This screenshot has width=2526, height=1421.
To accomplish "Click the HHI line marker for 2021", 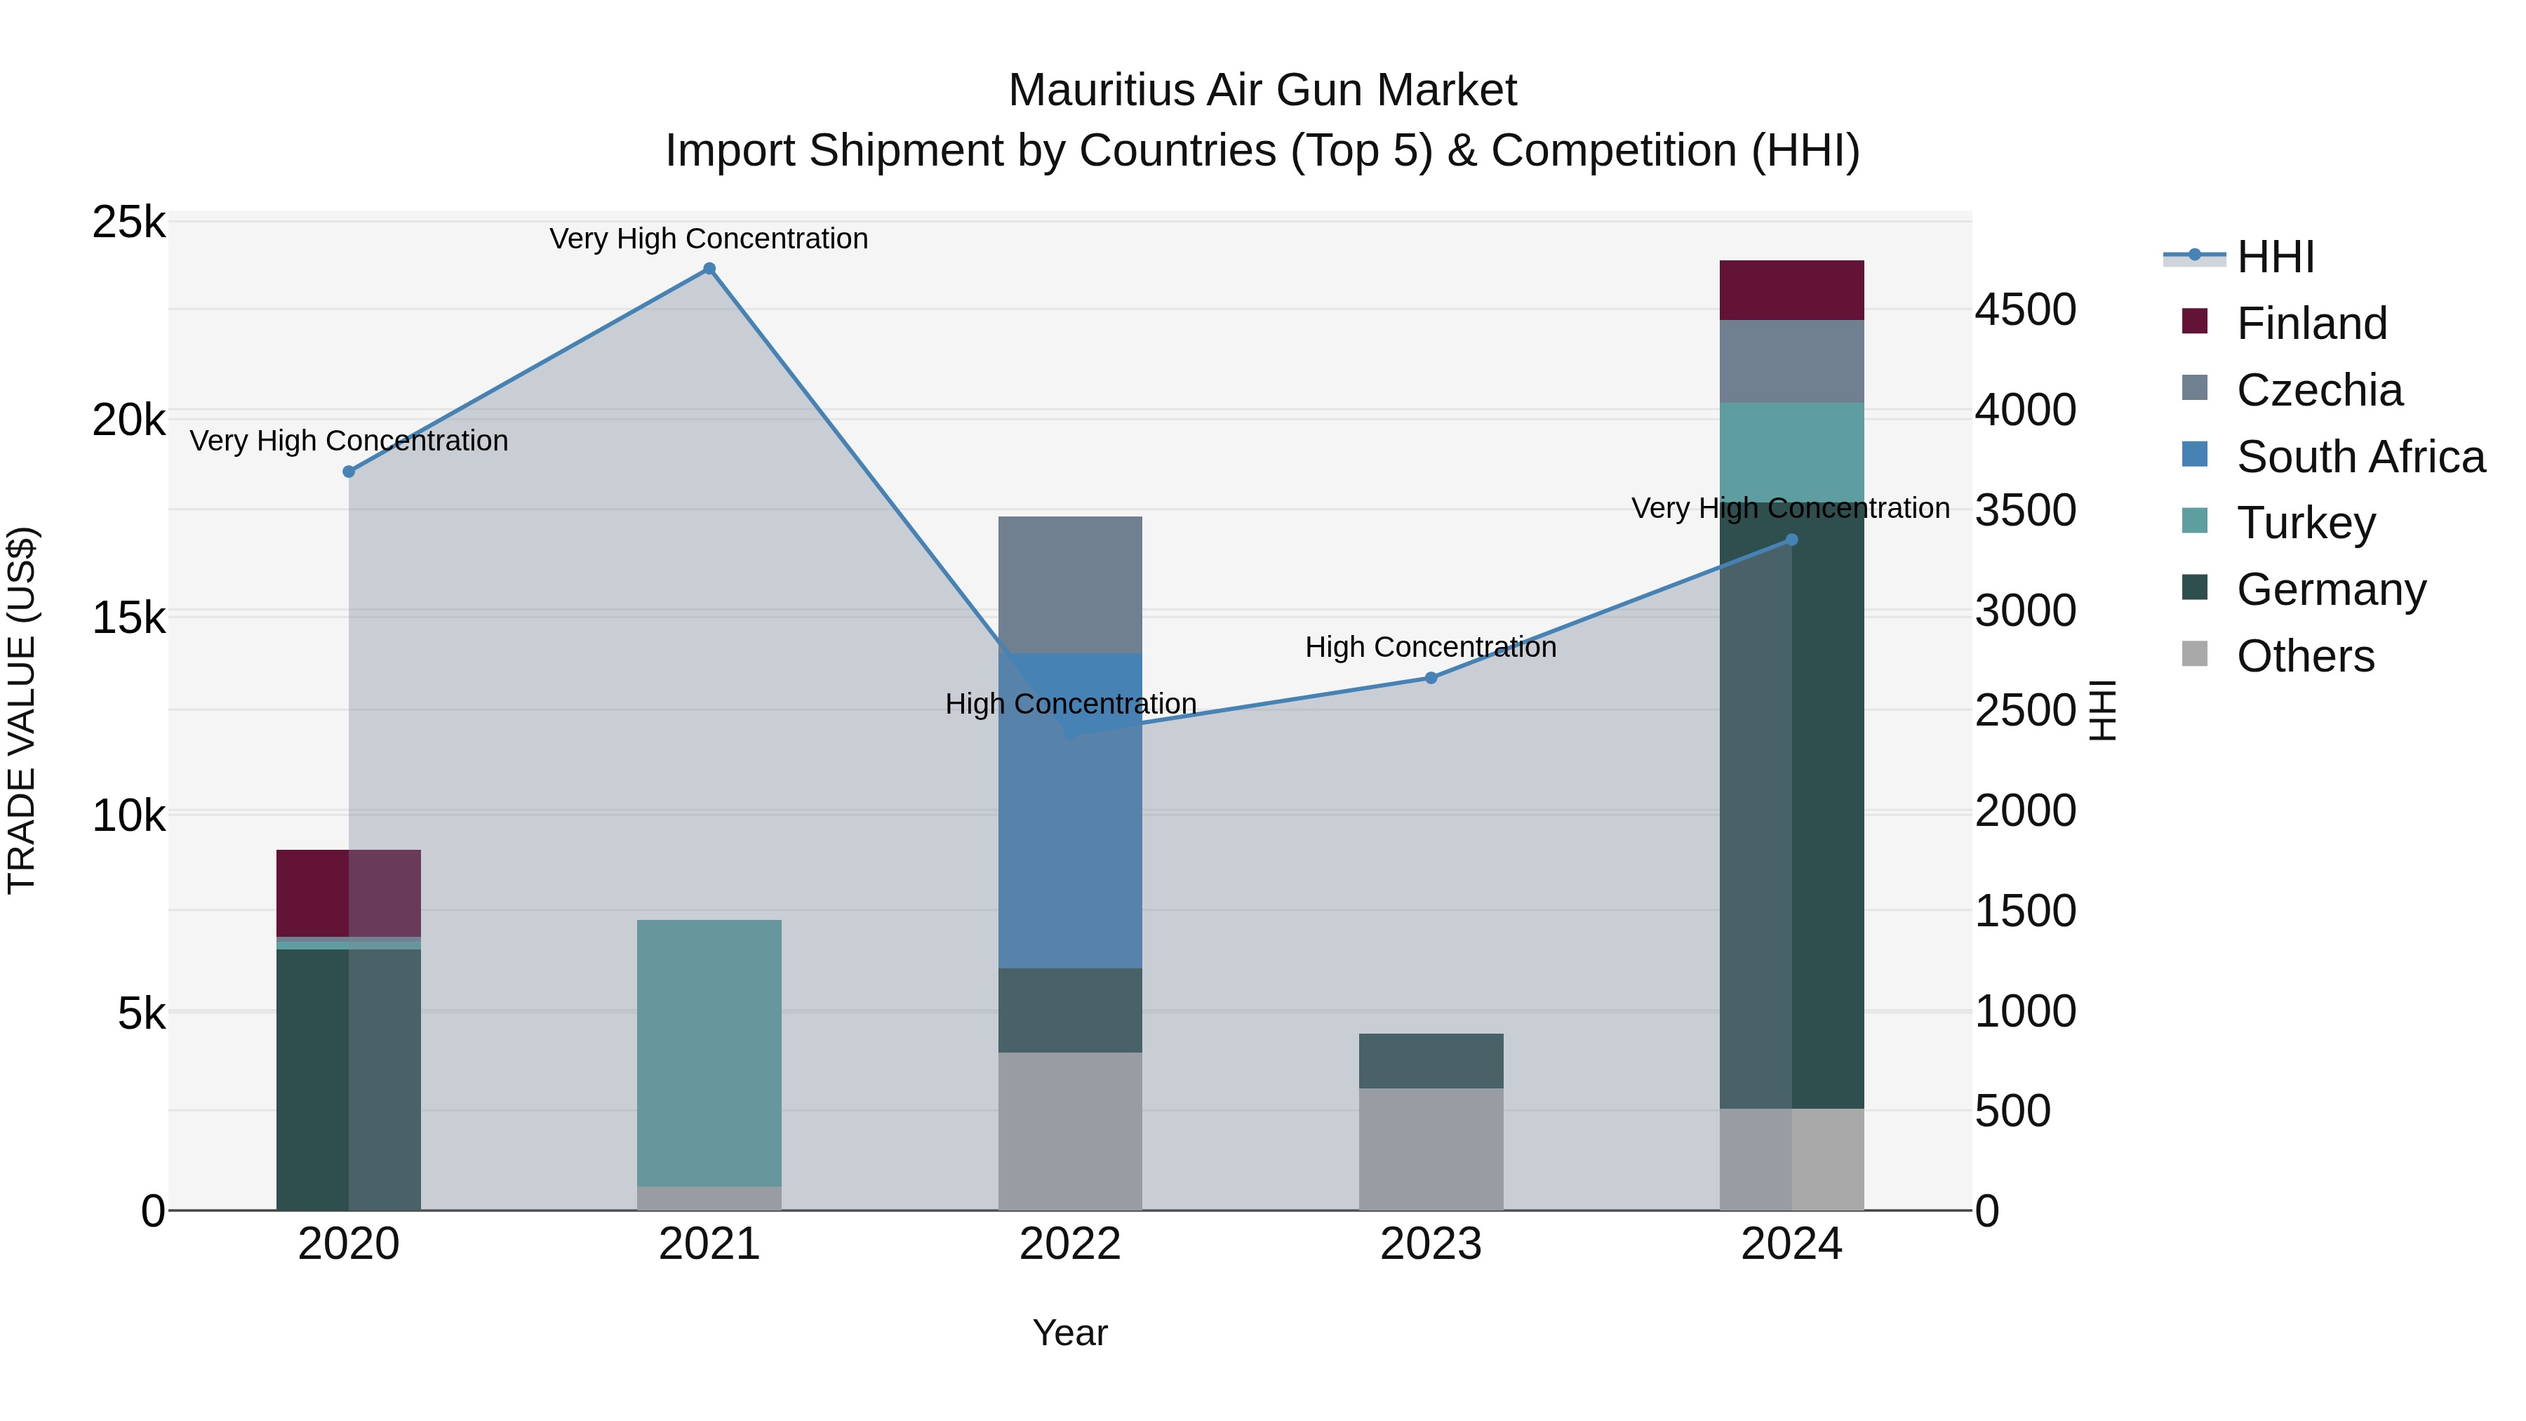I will tap(709, 269).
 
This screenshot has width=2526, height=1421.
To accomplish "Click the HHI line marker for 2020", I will tap(349, 472).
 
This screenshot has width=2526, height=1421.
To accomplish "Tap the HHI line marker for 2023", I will tap(1431, 678).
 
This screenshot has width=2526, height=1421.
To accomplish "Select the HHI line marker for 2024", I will tap(1791, 540).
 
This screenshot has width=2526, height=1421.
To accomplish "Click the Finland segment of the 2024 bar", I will tap(1791, 291).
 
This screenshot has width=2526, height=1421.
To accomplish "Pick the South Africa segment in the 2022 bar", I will tap(1070, 811).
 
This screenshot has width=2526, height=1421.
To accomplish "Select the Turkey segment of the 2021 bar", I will tap(709, 1053).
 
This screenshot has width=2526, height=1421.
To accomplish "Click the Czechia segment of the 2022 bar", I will tap(1070, 585).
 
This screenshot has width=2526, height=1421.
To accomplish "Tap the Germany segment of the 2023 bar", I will tap(1431, 1061).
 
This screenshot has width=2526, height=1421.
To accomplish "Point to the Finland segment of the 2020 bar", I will tap(349, 893).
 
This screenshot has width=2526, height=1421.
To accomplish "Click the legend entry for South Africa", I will tap(2360, 457).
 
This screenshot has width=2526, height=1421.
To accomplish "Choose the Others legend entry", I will tap(2304, 656).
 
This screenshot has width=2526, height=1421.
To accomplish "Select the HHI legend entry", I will tap(2275, 257).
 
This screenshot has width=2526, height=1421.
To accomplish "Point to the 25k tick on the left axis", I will tap(128, 222).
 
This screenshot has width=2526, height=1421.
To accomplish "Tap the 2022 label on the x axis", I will tap(1070, 1244).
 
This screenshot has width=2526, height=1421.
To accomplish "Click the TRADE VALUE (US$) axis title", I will tap(22, 710).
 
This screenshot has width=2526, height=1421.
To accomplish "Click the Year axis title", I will tap(1070, 1333).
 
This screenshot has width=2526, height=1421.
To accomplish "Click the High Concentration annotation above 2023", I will tap(1431, 647).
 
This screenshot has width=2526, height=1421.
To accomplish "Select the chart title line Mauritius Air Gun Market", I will tap(1262, 91).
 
